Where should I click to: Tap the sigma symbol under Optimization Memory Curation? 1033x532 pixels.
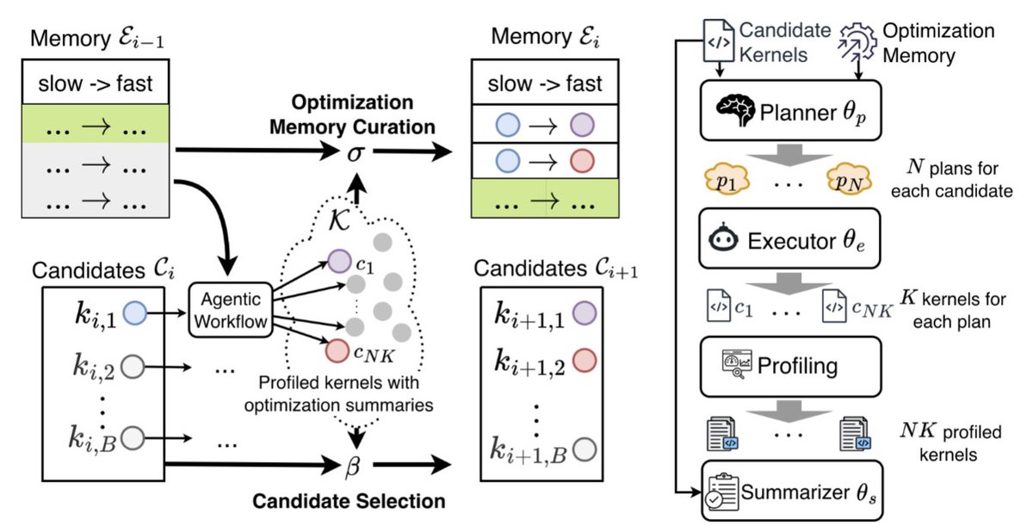point(355,152)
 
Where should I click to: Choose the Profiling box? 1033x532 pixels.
point(790,366)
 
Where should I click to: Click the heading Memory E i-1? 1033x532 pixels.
point(98,41)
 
